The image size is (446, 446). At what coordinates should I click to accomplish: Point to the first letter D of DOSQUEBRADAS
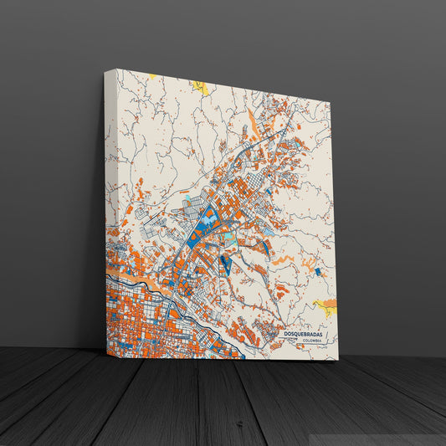(285, 334)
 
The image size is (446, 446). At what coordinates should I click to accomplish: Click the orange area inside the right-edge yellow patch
(331, 302)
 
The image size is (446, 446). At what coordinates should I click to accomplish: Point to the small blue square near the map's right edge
(317, 271)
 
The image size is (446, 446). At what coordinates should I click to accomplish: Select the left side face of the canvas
(109, 209)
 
